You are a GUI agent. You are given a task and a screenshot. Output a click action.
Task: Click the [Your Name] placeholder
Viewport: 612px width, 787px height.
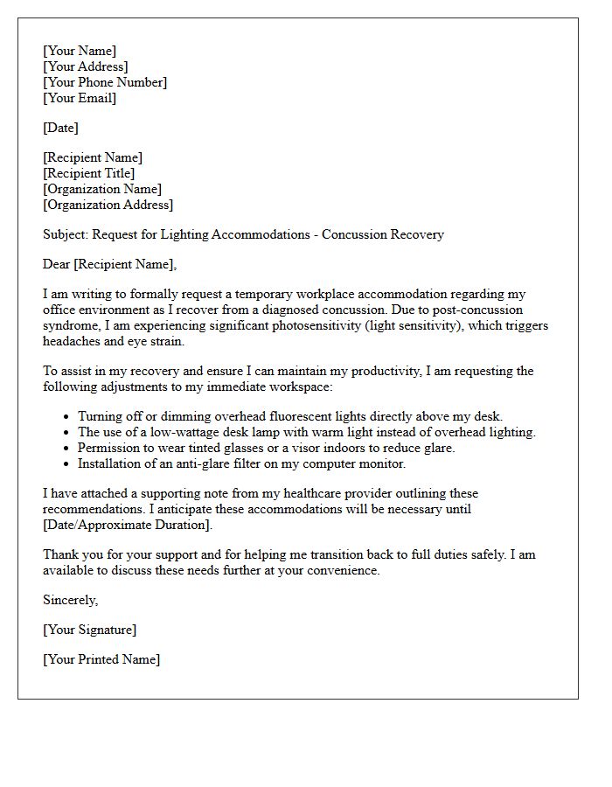click(x=79, y=51)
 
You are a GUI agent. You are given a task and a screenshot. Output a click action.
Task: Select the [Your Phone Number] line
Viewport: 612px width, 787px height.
click(x=104, y=82)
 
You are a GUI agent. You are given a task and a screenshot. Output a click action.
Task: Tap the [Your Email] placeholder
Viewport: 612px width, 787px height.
click(x=80, y=98)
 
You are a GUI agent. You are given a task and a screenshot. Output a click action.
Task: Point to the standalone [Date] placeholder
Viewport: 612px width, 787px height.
click(x=60, y=128)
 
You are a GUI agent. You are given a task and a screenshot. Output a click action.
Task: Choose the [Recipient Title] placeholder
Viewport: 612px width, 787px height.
click(x=88, y=173)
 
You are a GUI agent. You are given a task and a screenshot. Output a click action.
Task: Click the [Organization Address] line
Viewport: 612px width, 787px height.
click(x=108, y=205)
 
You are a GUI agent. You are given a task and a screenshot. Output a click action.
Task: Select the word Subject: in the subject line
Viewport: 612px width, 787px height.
click(x=66, y=234)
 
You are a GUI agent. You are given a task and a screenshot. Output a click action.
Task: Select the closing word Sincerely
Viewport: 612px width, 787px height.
click(x=70, y=600)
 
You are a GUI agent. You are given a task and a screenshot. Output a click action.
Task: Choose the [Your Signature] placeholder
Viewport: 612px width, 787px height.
click(x=89, y=630)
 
